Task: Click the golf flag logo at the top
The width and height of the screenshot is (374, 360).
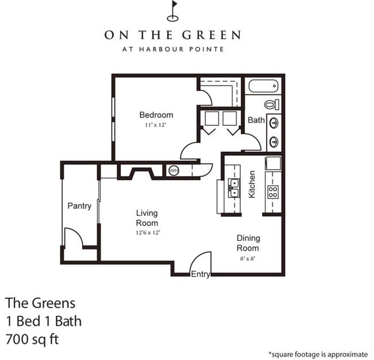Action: point(173,10)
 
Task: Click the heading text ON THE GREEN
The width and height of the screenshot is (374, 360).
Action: point(173,35)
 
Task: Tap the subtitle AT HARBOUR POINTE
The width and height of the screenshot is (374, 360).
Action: point(173,49)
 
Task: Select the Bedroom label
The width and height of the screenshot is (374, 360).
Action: point(156,114)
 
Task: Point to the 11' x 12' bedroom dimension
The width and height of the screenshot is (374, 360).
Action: point(155,125)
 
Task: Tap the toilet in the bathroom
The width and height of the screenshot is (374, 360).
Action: point(272,105)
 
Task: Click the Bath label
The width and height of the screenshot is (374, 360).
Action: point(255,120)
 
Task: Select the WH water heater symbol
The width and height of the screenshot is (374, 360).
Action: point(173,170)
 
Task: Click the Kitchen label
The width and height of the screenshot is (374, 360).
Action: point(252,185)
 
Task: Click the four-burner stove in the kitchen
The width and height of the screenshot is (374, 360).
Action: point(273,192)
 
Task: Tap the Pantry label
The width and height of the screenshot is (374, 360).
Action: point(79,205)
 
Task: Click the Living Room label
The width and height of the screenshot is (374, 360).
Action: point(147,218)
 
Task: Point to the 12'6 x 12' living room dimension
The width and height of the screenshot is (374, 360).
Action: point(147,232)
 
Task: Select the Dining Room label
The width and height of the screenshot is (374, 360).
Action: point(249,243)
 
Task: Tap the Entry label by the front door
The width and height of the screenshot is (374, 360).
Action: point(200,274)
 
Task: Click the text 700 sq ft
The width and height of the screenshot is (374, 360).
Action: point(32,339)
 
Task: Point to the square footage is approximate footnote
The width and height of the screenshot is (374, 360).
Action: point(318,354)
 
